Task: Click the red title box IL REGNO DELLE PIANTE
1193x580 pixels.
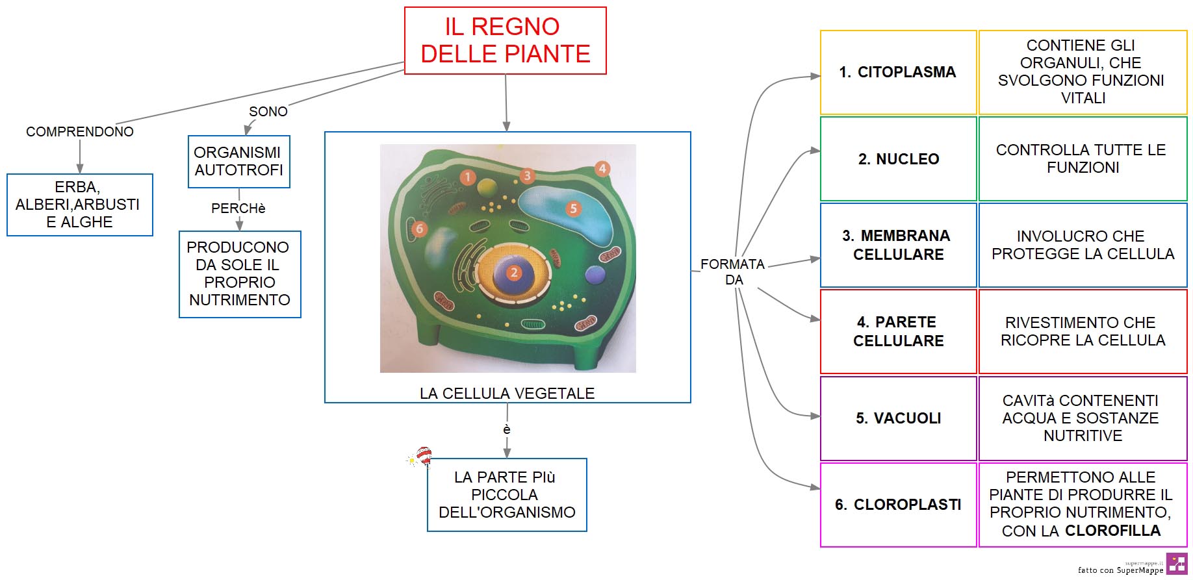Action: (x=505, y=40)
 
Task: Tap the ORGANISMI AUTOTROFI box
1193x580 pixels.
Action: (x=238, y=161)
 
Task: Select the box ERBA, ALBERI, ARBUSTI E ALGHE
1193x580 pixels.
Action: (x=80, y=205)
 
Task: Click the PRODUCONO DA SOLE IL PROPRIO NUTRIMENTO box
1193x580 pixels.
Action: (x=240, y=274)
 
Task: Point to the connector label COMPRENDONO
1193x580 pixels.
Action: (x=80, y=132)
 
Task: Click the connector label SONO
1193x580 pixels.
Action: (x=268, y=112)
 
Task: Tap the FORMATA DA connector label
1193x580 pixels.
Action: (x=733, y=271)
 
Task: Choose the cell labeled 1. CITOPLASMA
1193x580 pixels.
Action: (x=898, y=72)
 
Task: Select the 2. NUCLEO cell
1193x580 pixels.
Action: (x=898, y=158)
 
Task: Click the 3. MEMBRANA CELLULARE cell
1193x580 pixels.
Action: (x=898, y=245)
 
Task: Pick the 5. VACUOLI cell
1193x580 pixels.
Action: (x=898, y=418)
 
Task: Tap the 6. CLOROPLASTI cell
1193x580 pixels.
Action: (x=898, y=505)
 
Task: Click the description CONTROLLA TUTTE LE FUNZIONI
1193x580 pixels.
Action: (x=1083, y=158)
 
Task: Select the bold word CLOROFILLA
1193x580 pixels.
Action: (x=1113, y=531)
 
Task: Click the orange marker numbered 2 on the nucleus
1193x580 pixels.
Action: (x=514, y=273)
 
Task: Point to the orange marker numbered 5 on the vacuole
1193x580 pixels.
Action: (x=573, y=208)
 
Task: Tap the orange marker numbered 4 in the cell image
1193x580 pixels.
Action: (x=602, y=169)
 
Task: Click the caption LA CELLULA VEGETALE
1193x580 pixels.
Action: (x=507, y=394)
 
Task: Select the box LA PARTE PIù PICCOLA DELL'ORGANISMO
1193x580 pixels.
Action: (x=507, y=495)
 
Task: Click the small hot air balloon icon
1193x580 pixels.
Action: (x=420, y=457)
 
